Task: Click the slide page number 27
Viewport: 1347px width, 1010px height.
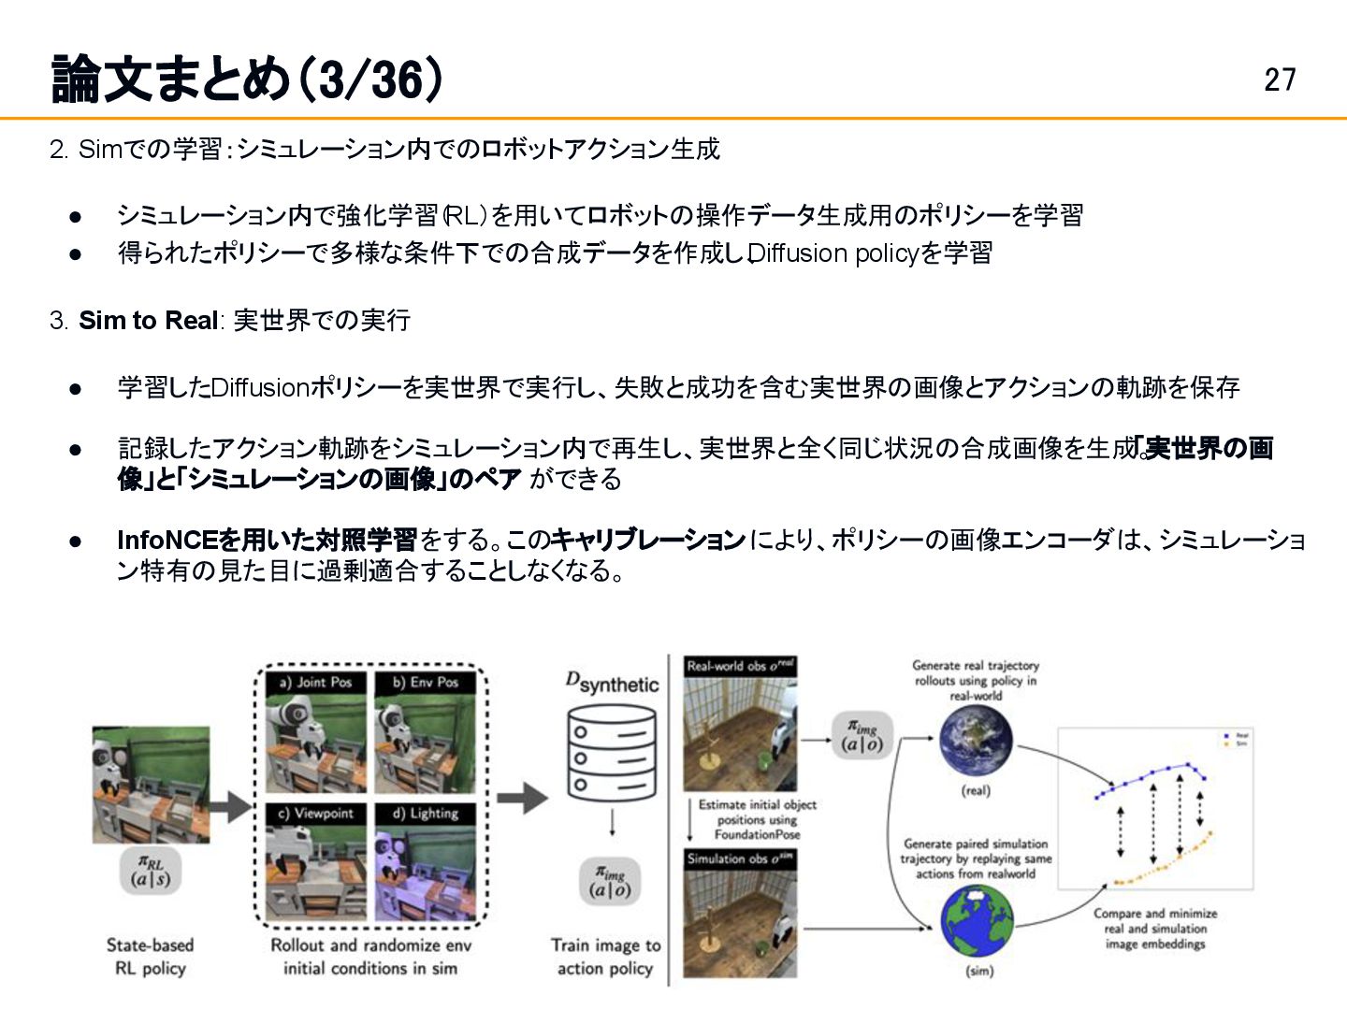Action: [1280, 79]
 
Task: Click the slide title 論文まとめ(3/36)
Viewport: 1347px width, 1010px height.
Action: [247, 79]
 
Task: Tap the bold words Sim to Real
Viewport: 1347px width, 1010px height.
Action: [148, 320]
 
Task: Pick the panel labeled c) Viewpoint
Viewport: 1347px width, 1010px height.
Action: [315, 862]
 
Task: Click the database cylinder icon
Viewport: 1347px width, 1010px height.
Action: [612, 753]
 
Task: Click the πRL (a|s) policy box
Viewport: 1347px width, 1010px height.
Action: [150, 872]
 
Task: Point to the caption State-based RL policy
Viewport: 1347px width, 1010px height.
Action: [150, 957]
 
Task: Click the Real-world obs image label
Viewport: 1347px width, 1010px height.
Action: [740, 666]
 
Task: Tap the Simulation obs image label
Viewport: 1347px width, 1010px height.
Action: [740, 858]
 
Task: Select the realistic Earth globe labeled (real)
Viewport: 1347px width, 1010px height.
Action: [976, 743]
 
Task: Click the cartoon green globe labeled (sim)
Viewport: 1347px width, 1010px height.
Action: [977, 922]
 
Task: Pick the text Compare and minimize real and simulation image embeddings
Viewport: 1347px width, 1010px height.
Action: [1155, 929]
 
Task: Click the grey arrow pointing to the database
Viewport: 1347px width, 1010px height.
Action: [522, 798]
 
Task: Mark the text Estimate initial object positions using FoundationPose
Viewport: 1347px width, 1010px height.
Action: [757, 819]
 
